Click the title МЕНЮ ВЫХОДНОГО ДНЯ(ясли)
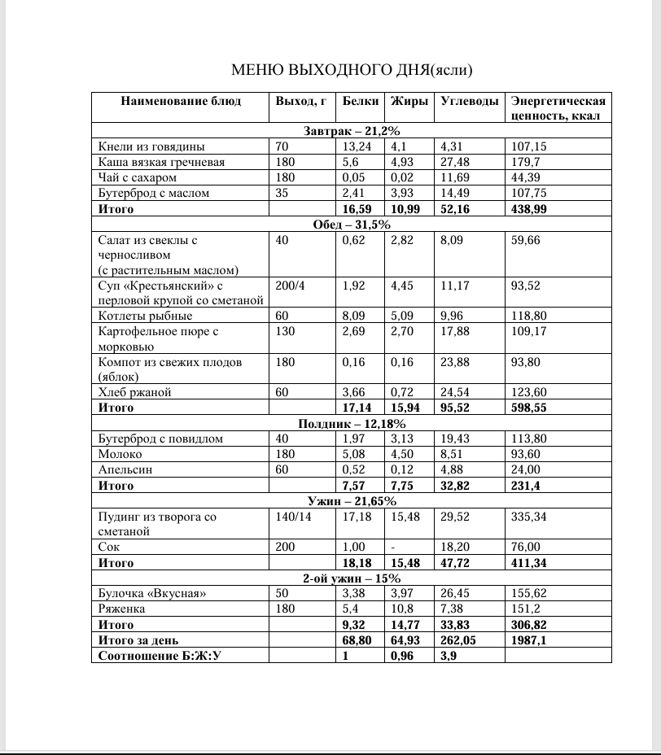(x=351, y=69)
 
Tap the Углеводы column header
(x=469, y=102)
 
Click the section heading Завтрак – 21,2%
(x=351, y=131)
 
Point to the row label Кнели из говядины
(x=151, y=147)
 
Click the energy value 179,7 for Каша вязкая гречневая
(x=526, y=162)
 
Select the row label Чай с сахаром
(x=137, y=177)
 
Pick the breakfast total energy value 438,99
(x=529, y=209)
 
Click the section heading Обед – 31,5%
(x=351, y=225)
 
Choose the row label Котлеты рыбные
(x=145, y=316)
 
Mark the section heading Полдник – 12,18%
(x=351, y=423)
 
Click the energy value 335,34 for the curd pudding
(x=529, y=516)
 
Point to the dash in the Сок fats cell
(x=393, y=548)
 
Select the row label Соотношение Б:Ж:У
(x=160, y=655)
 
